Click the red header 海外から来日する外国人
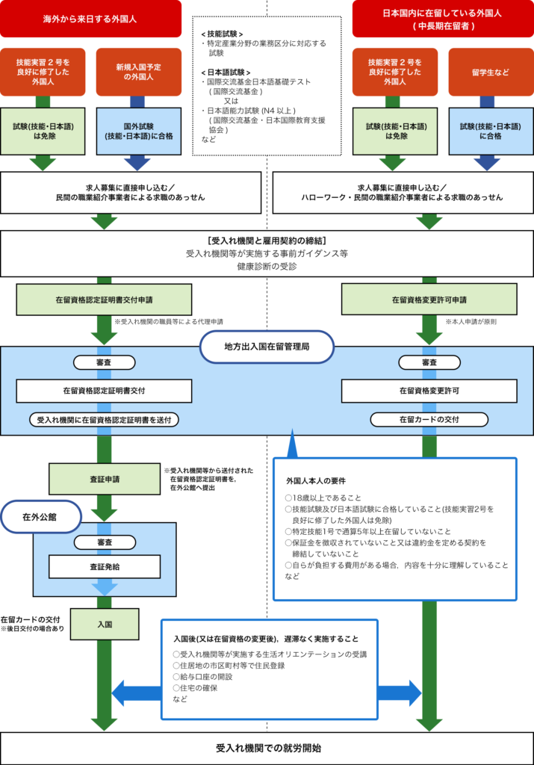90,19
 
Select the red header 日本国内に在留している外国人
443,19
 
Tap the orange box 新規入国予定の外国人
138,72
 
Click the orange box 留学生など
491,72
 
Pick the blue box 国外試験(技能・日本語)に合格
138,131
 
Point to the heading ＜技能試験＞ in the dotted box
222,34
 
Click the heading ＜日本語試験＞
226,72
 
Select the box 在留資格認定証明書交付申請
104,300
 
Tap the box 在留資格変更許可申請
429,300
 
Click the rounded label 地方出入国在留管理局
267,347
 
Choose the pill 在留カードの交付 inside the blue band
429,420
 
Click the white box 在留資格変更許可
429,391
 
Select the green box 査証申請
105,479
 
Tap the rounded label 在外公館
40,517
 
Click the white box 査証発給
105,566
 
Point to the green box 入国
105,624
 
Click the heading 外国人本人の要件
315,480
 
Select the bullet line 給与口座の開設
202,677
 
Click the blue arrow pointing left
137,693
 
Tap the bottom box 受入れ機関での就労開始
267,748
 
